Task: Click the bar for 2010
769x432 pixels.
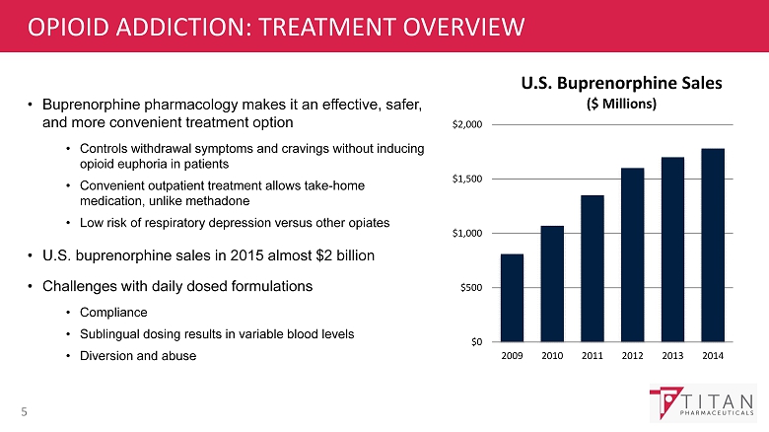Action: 552,284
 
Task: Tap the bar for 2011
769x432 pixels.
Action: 592,268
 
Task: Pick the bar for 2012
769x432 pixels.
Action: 632,254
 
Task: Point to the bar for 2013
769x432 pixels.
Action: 672,250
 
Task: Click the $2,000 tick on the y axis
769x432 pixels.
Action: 468,124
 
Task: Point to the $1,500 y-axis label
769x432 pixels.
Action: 468,179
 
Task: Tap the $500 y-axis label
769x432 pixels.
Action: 471,287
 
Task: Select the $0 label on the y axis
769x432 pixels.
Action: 476,341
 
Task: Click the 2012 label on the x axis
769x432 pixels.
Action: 632,355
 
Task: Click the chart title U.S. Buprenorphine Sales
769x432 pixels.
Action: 607,84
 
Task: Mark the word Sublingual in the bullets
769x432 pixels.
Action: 111,333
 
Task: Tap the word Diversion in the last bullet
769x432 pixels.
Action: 106,355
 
